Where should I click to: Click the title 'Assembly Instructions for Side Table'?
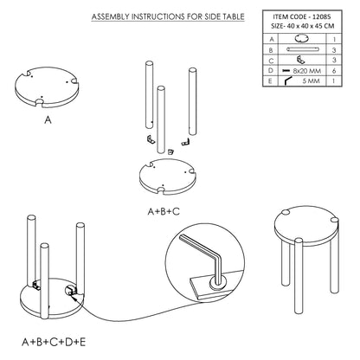(x=168, y=16)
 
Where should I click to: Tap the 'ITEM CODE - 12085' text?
(x=302, y=17)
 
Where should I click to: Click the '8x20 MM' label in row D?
(x=307, y=71)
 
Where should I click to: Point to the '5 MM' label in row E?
(x=311, y=80)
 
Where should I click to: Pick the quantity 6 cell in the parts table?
(x=334, y=71)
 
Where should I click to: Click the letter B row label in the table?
(x=271, y=50)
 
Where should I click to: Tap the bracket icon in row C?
(x=301, y=60)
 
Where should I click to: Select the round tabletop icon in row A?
(x=302, y=39)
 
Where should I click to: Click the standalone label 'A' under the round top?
(x=48, y=119)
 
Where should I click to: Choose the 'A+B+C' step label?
(x=164, y=211)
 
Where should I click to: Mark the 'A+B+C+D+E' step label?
(x=54, y=343)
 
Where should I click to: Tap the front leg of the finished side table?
(x=299, y=276)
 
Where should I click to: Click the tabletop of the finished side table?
(x=306, y=228)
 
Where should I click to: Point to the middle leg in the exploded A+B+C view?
(x=161, y=119)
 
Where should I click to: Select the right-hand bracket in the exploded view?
(x=185, y=142)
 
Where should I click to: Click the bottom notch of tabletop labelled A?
(x=40, y=102)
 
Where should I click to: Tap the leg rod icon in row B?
(x=303, y=49)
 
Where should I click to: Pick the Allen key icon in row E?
(x=288, y=80)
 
